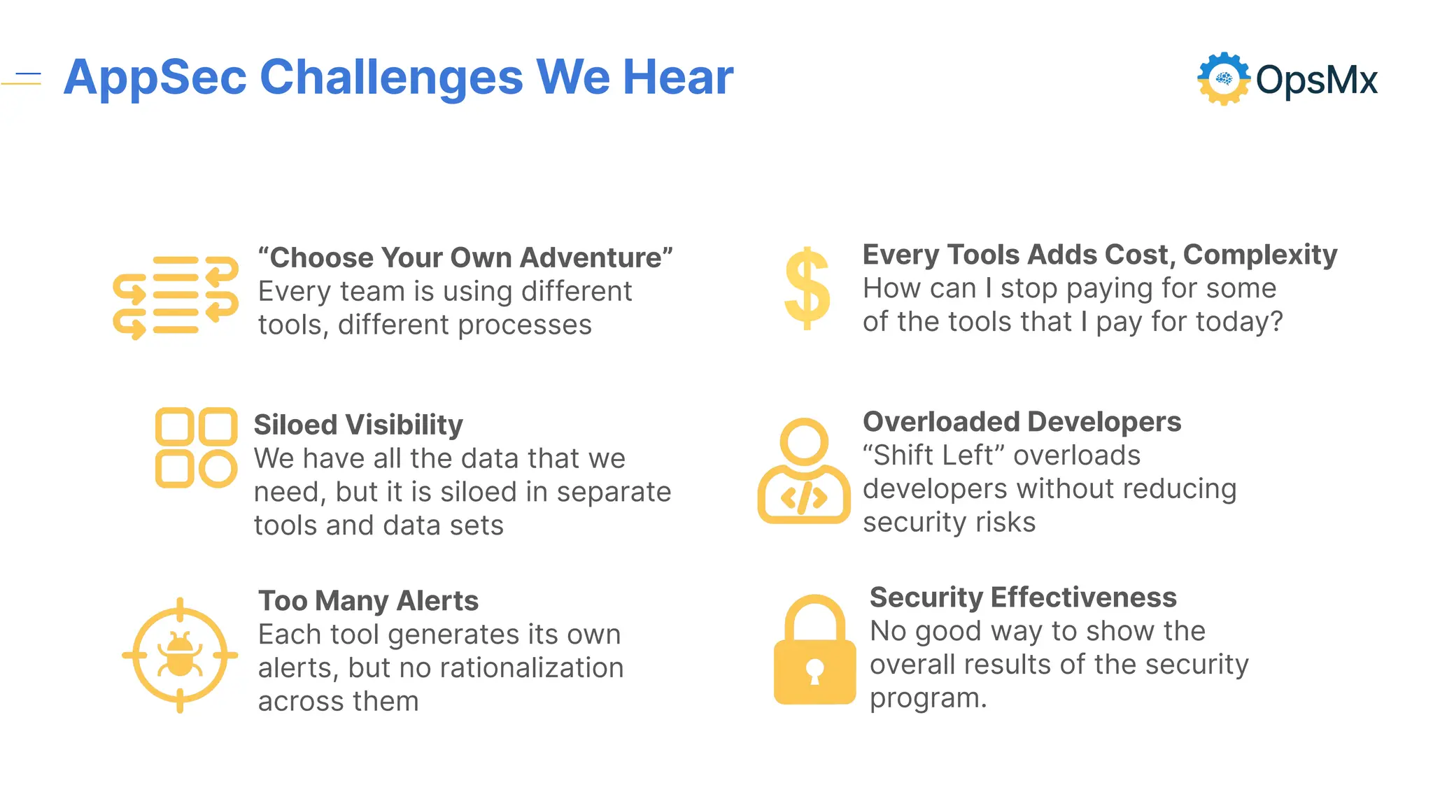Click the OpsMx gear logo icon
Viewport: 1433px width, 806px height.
[x=1223, y=79]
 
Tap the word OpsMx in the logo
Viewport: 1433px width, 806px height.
[x=1316, y=80]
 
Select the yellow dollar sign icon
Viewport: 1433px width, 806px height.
[x=807, y=288]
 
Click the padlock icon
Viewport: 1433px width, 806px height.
[x=814, y=651]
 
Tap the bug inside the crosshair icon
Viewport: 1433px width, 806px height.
[x=180, y=656]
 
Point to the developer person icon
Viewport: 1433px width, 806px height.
[x=804, y=472]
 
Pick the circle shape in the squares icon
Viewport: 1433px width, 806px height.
[x=218, y=469]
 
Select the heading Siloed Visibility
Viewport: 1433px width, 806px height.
[x=358, y=425]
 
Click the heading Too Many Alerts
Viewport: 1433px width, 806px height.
[x=368, y=601]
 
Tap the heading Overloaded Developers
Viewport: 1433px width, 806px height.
[x=1022, y=422]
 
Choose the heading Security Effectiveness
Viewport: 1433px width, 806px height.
[x=1023, y=598]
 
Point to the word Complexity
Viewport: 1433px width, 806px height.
[x=1259, y=255]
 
